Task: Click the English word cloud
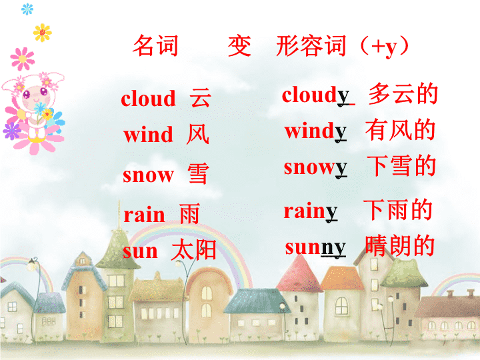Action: [x=148, y=98]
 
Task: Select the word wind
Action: [x=148, y=134]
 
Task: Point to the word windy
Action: [x=315, y=131]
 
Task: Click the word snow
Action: [x=148, y=175]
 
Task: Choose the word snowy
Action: [x=315, y=168]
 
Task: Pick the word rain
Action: [x=144, y=214]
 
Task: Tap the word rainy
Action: [x=311, y=211]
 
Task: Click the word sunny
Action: [x=315, y=247]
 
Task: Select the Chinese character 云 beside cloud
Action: [x=201, y=98]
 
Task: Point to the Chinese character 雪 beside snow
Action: [x=199, y=173]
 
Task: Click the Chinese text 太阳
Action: [x=194, y=250]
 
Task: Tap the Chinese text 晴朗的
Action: [x=400, y=245]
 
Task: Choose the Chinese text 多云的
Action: [x=403, y=93]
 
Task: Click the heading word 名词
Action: [x=155, y=45]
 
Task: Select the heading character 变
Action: [x=240, y=45]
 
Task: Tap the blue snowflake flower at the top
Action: [x=27, y=9]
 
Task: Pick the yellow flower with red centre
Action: [x=42, y=33]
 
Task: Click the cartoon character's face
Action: [x=36, y=96]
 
